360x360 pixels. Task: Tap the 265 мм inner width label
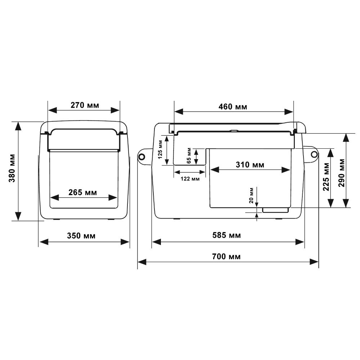(x=83, y=193)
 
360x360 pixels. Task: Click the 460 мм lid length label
(x=233, y=107)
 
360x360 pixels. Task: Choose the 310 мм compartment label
(x=250, y=165)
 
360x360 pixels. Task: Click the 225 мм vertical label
(x=327, y=178)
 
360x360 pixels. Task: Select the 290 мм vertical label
(x=341, y=172)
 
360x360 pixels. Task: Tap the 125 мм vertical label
(x=161, y=150)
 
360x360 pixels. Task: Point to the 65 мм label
(x=188, y=156)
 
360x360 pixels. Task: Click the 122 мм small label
(x=190, y=179)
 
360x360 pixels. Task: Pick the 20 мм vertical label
(x=251, y=195)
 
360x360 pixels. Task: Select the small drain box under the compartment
(x=275, y=210)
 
